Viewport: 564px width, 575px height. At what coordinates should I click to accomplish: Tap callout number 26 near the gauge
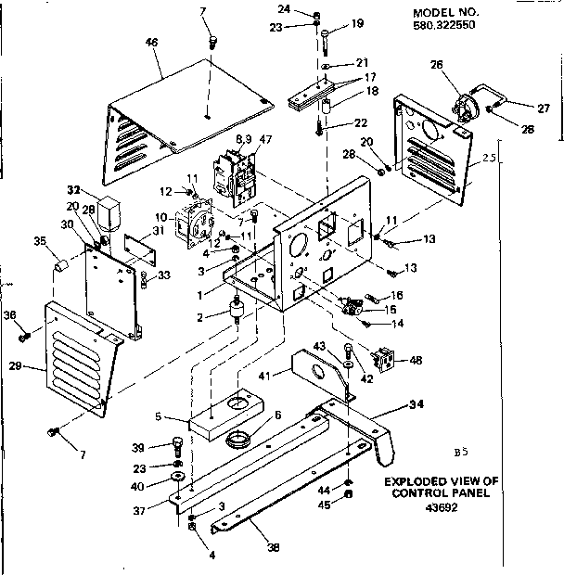(x=438, y=65)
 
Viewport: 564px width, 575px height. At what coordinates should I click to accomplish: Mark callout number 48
(x=414, y=360)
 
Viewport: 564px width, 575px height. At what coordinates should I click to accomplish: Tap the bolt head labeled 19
(x=327, y=35)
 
